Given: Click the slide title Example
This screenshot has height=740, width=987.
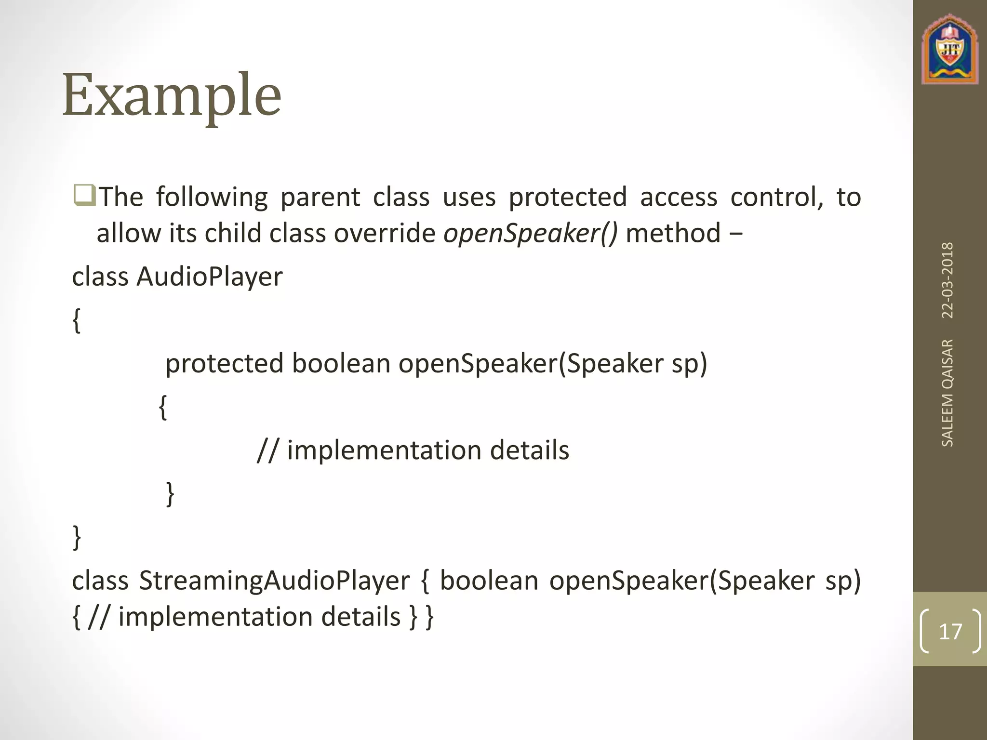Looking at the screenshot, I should tap(172, 95).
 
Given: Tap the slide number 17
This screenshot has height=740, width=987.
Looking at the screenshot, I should tap(950, 631).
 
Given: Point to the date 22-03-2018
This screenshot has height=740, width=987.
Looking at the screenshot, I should tap(947, 280).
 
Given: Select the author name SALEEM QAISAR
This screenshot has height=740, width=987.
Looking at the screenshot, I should tap(947, 393).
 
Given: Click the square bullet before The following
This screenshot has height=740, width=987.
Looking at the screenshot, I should tap(85, 197).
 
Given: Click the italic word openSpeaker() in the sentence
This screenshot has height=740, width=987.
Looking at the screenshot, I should tap(530, 233).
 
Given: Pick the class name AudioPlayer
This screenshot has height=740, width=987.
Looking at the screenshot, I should tap(210, 277).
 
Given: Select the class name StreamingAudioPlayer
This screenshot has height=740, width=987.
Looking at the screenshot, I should tap(274, 581).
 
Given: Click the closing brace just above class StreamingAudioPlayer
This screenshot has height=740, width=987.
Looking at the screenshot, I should tap(77, 538).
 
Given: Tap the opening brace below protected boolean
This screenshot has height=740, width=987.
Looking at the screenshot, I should tap(163, 408).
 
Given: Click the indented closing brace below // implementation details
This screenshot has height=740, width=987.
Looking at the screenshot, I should tap(170, 494).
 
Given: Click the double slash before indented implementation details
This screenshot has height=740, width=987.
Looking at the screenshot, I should tap(268, 451).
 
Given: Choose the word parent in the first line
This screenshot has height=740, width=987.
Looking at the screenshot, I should tap(320, 197).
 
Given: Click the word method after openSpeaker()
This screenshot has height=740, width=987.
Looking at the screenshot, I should tap(673, 233).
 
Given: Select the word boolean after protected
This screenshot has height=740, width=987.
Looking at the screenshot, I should tap(341, 364).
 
